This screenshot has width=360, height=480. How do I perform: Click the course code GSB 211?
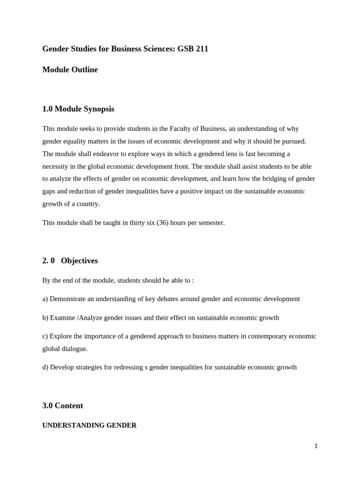(193, 49)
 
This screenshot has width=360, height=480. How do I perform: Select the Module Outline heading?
(70, 70)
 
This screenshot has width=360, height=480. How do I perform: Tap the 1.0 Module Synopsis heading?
(78, 109)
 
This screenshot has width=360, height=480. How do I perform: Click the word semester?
(210, 223)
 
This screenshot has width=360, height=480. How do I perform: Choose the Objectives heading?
(79, 261)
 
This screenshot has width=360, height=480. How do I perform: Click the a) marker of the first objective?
(45, 299)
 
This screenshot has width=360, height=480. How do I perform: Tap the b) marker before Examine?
(45, 317)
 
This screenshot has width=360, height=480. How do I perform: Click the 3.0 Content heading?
(63, 406)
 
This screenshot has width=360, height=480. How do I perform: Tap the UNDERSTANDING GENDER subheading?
(90, 426)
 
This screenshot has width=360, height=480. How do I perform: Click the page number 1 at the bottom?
(316, 446)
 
